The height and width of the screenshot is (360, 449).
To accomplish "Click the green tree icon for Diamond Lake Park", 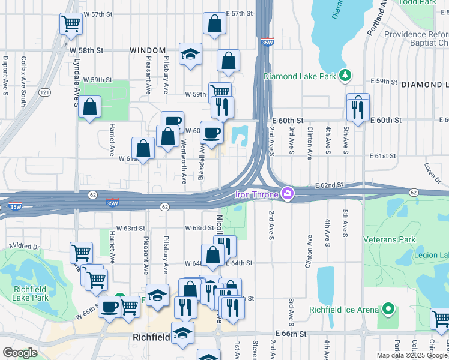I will (x=345, y=76).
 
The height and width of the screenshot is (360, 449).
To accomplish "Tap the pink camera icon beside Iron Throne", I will (x=288, y=193).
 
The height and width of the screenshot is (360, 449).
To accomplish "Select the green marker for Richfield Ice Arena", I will (x=388, y=310).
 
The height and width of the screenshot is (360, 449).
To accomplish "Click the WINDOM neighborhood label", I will (x=148, y=51).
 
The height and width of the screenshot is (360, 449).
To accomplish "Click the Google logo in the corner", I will (x=20, y=353).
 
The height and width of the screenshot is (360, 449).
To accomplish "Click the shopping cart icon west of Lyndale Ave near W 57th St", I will (x=71, y=24).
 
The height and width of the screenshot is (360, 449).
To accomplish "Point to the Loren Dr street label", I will (x=432, y=170).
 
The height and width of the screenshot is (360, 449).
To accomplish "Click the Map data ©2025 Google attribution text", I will (x=412, y=355).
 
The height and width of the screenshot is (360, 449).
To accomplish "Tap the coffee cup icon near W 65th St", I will (x=110, y=307).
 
